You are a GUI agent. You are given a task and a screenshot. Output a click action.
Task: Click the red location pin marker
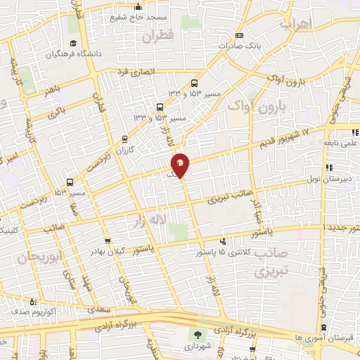point(181,165)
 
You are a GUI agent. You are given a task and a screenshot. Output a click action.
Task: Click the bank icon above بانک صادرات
point(239,35)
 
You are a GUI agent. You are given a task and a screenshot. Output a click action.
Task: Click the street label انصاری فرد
point(134,71)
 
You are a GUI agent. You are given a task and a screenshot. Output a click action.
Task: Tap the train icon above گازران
point(124,139)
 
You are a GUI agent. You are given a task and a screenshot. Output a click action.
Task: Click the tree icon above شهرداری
point(195,335)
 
